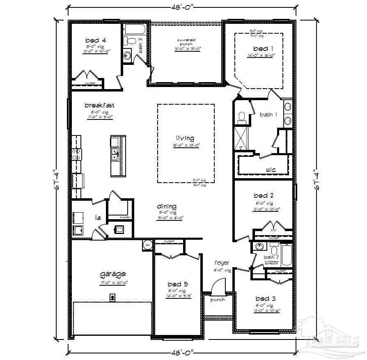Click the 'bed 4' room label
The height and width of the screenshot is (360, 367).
pos(96,40)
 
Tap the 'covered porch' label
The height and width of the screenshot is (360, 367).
pos(186,42)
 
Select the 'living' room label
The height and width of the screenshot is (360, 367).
pos(186,138)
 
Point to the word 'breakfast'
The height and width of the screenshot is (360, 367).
pos(99,105)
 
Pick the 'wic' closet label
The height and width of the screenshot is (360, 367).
pos(270,169)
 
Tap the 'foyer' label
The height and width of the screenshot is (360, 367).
pos(222,263)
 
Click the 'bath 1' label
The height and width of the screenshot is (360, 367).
pos(268,115)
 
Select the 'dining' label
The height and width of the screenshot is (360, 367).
pos(167,206)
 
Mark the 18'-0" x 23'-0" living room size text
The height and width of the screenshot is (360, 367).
pos(186,145)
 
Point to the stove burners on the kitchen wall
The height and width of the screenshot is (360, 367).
pos(77,154)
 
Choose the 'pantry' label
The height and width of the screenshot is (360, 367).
pos(125,217)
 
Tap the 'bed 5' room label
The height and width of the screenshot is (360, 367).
pos(177,284)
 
